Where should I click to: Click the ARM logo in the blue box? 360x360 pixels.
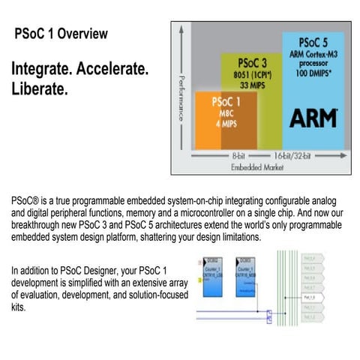click(313, 118)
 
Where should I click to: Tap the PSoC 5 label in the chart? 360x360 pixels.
click(313, 42)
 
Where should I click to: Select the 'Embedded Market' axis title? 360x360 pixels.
click(258, 166)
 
